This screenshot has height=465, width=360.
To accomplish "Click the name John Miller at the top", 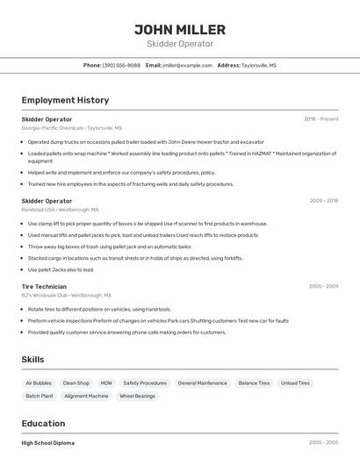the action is [179, 29].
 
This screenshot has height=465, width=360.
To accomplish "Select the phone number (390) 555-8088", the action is [121, 65].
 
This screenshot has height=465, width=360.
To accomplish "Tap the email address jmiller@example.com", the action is [187, 65].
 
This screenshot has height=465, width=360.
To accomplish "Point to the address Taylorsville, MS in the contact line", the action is [258, 65].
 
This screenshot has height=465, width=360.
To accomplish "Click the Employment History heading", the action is [65, 100].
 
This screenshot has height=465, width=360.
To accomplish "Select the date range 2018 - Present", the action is [320, 118].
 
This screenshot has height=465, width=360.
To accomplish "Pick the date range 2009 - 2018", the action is [323, 201].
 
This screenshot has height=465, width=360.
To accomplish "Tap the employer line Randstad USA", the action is [60, 210].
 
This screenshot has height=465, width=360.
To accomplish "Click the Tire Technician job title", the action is [44, 286].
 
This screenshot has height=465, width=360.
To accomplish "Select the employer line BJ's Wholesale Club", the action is [66, 296].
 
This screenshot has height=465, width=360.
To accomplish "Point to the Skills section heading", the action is [32, 360].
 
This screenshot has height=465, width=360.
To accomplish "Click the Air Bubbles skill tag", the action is [39, 383].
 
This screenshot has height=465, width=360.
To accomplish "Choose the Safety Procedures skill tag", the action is [145, 383].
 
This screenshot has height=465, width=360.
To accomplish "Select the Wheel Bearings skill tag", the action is [138, 396].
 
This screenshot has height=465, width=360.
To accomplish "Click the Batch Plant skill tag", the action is [40, 396].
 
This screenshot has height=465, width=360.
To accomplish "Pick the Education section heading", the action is [43, 423].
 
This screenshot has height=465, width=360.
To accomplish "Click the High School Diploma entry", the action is [48, 443].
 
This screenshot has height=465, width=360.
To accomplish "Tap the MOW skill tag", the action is [106, 383].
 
